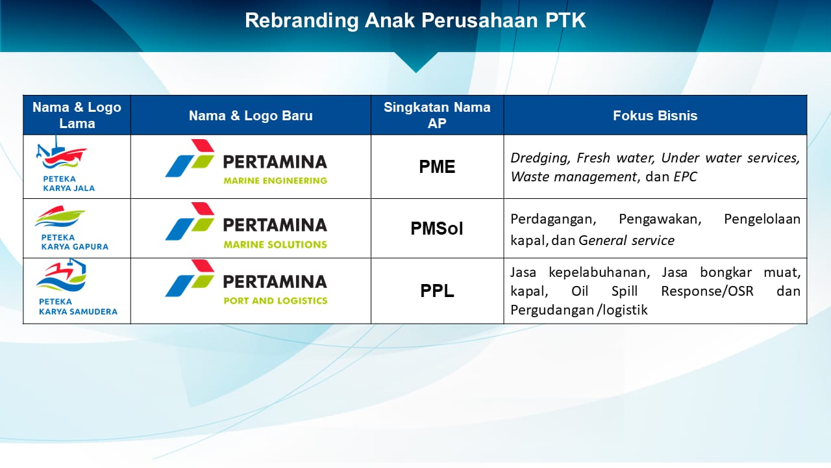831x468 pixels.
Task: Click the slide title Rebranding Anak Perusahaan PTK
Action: tap(415, 20)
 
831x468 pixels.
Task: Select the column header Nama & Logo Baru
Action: tap(251, 116)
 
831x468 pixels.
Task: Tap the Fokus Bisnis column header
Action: tap(655, 116)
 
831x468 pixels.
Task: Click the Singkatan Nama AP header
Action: tap(437, 115)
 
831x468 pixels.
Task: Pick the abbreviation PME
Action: tap(437, 167)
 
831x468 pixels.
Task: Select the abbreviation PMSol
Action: tap(437, 229)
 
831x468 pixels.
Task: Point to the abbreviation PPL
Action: tap(437, 291)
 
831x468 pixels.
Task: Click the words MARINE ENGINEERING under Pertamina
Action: tap(275, 181)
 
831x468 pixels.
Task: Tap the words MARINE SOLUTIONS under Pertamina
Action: tap(275, 244)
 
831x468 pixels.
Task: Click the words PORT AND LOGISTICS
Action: tap(275, 301)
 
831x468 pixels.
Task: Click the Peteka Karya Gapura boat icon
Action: tap(60, 217)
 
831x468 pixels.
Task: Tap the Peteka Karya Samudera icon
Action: tap(61, 276)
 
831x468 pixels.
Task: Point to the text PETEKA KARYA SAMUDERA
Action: tap(77, 307)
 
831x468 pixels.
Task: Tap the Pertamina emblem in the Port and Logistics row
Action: tap(190, 278)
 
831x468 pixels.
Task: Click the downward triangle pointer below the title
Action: tap(415, 61)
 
